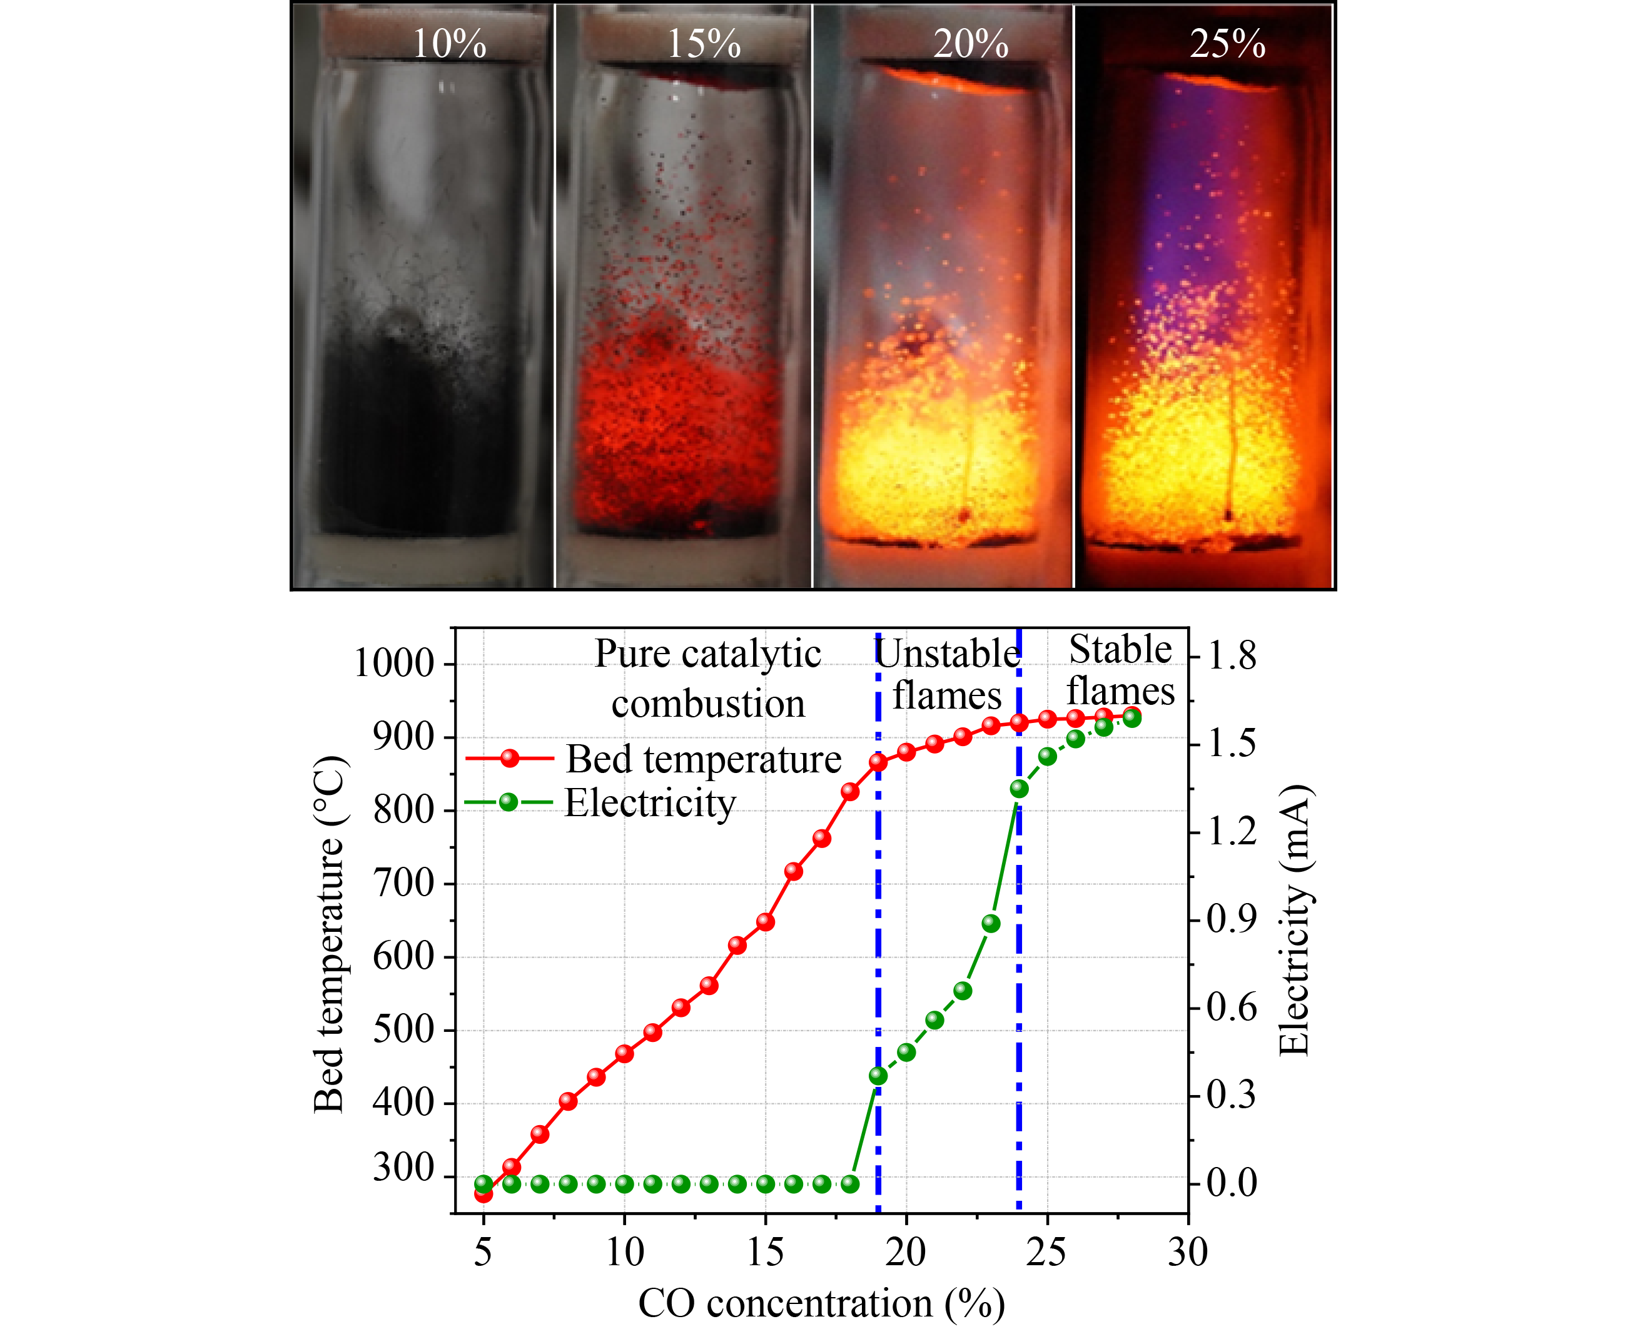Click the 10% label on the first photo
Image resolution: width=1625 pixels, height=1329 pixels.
pos(449,44)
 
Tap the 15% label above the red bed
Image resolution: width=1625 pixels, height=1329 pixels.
pos(704,44)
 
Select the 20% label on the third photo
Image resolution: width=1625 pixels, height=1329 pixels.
pos(971,44)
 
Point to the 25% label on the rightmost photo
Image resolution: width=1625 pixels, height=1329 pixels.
pos(1227,44)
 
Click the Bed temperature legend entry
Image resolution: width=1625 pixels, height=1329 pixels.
pos(702,759)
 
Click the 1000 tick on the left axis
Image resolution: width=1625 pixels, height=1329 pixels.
pos(393,663)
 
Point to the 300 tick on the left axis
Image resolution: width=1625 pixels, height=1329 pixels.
pos(403,1168)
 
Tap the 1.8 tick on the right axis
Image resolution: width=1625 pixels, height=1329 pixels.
pos(1232,656)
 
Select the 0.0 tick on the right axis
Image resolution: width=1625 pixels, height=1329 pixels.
pos(1232,1183)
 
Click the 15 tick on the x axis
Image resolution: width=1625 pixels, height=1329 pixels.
pos(765,1253)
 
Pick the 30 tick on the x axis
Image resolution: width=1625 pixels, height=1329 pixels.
pos(1187,1253)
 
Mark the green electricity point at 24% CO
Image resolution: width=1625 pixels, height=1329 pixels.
pos(1019,789)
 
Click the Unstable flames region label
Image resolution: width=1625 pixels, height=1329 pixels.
pos(947,674)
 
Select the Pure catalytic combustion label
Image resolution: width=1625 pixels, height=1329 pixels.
pos(708,679)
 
